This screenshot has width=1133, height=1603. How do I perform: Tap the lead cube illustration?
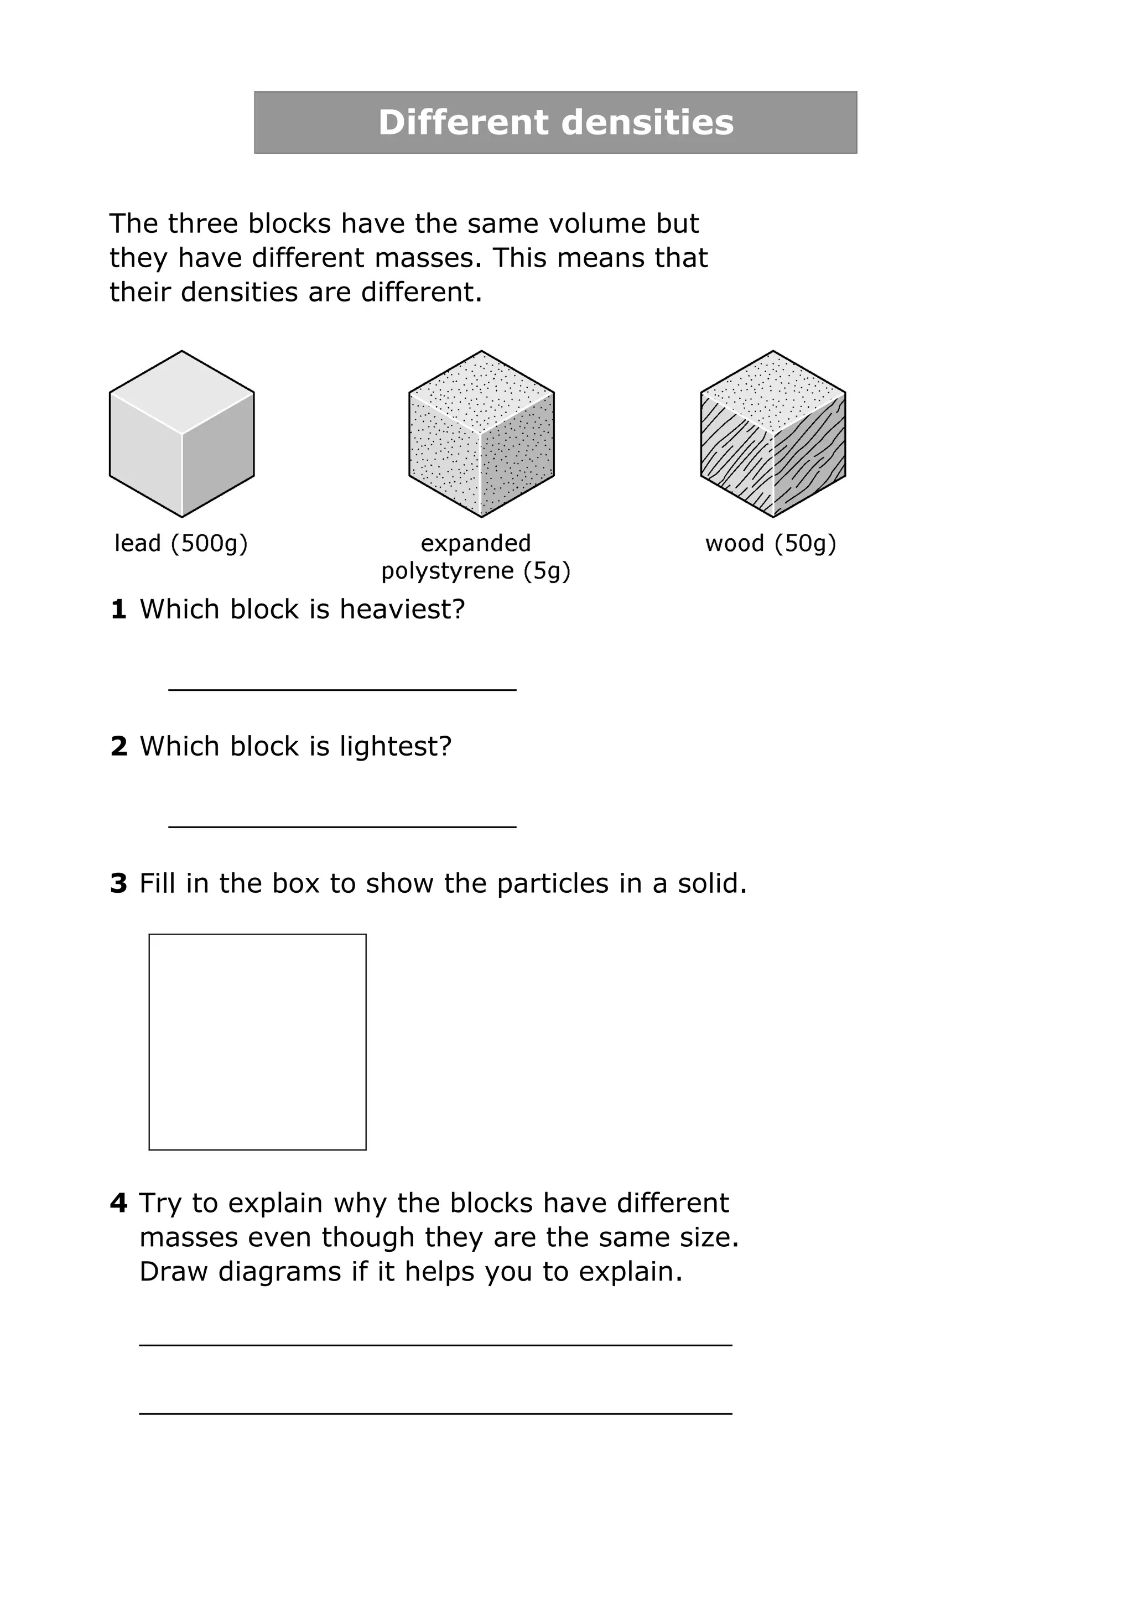(181, 434)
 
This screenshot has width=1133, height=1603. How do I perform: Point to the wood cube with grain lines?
(773, 434)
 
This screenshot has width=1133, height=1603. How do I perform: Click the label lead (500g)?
(181, 543)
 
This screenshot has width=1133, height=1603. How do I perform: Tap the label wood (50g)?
(771, 543)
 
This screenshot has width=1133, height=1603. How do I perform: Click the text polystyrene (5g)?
(475, 571)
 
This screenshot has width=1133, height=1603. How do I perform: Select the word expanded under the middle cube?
(475, 543)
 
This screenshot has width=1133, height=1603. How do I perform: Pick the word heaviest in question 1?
(402, 610)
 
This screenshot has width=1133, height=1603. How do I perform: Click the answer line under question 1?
(342, 689)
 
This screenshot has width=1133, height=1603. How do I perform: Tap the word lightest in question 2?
(395, 746)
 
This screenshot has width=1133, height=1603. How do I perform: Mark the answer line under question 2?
(342, 826)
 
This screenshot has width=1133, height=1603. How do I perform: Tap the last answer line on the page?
(435, 1413)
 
